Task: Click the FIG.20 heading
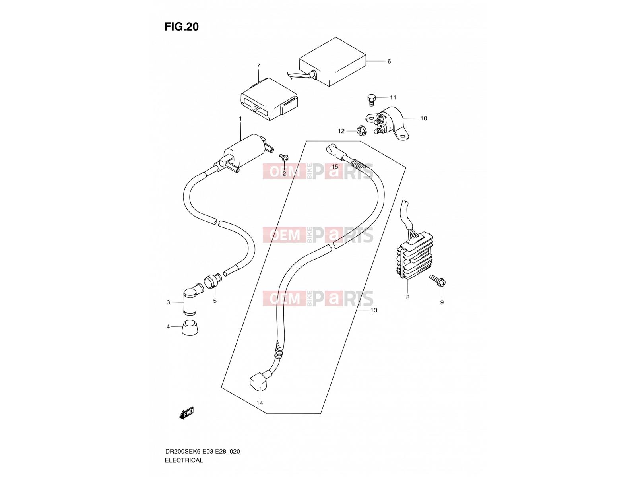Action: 181,27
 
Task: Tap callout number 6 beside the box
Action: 389,61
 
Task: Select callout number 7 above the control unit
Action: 258,66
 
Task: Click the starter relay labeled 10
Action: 387,123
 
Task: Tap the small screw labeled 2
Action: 284,157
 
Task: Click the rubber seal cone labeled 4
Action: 190,328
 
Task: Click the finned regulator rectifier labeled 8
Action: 415,255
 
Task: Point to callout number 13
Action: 374,310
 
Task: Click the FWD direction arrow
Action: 186,413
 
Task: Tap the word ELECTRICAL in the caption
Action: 184,460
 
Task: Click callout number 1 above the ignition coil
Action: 240,119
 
